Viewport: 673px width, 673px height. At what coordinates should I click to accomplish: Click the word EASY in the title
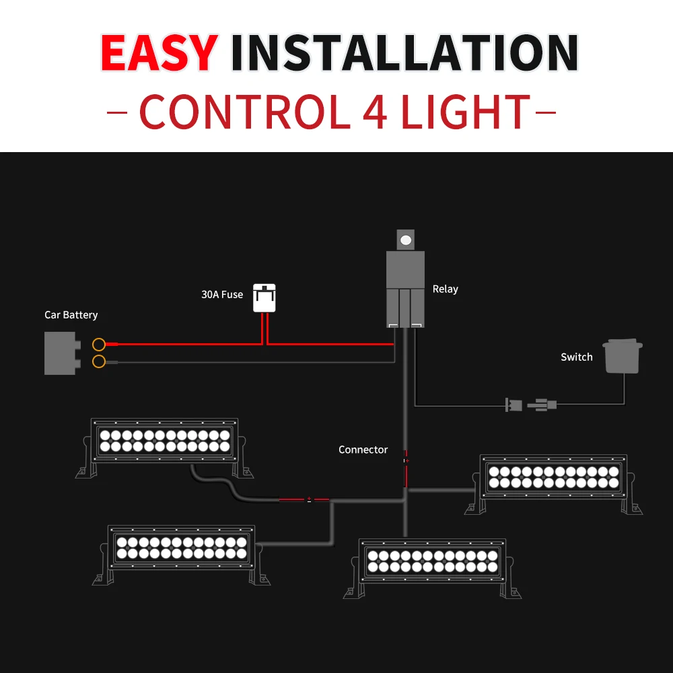click(x=160, y=52)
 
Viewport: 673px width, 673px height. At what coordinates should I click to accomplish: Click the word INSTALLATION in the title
click(x=404, y=52)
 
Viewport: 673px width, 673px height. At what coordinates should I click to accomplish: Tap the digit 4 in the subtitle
click(x=375, y=112)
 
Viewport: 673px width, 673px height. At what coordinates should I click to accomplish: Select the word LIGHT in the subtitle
click(x=466, y=112)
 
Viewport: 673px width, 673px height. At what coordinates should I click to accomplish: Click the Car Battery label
click(x=71, y=315)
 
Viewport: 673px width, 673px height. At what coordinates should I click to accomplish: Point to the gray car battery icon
click(x=63, y=353)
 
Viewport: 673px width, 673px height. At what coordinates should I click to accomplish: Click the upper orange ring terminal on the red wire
click(x=99, y=344)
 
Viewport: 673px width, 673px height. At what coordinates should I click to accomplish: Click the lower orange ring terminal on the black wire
click(x=99, y=361)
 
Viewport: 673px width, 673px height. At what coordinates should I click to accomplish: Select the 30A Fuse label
click(x=222, y=295)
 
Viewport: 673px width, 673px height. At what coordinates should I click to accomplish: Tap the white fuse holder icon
click(x=264, y=298)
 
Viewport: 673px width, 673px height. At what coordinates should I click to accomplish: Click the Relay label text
click(x=445, y=289)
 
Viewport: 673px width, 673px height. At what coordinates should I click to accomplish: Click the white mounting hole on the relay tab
click(x=406, y=240)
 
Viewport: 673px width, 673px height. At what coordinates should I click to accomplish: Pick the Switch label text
click(x=577, y=357)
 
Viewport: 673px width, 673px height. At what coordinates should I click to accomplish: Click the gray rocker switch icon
click(x=623, y=356)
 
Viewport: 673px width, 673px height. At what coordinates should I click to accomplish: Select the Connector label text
click(x=363, y=450)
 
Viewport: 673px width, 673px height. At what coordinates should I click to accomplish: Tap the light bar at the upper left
click(x=165, y=446)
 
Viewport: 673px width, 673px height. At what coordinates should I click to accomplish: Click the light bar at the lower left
click(x=181, y=554)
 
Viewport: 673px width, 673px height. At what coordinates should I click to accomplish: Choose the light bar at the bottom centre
click(x=432, y=567)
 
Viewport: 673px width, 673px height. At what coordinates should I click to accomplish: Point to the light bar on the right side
click(x=554, y=483)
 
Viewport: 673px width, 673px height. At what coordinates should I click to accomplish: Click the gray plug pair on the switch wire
click(x=531, y=404)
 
